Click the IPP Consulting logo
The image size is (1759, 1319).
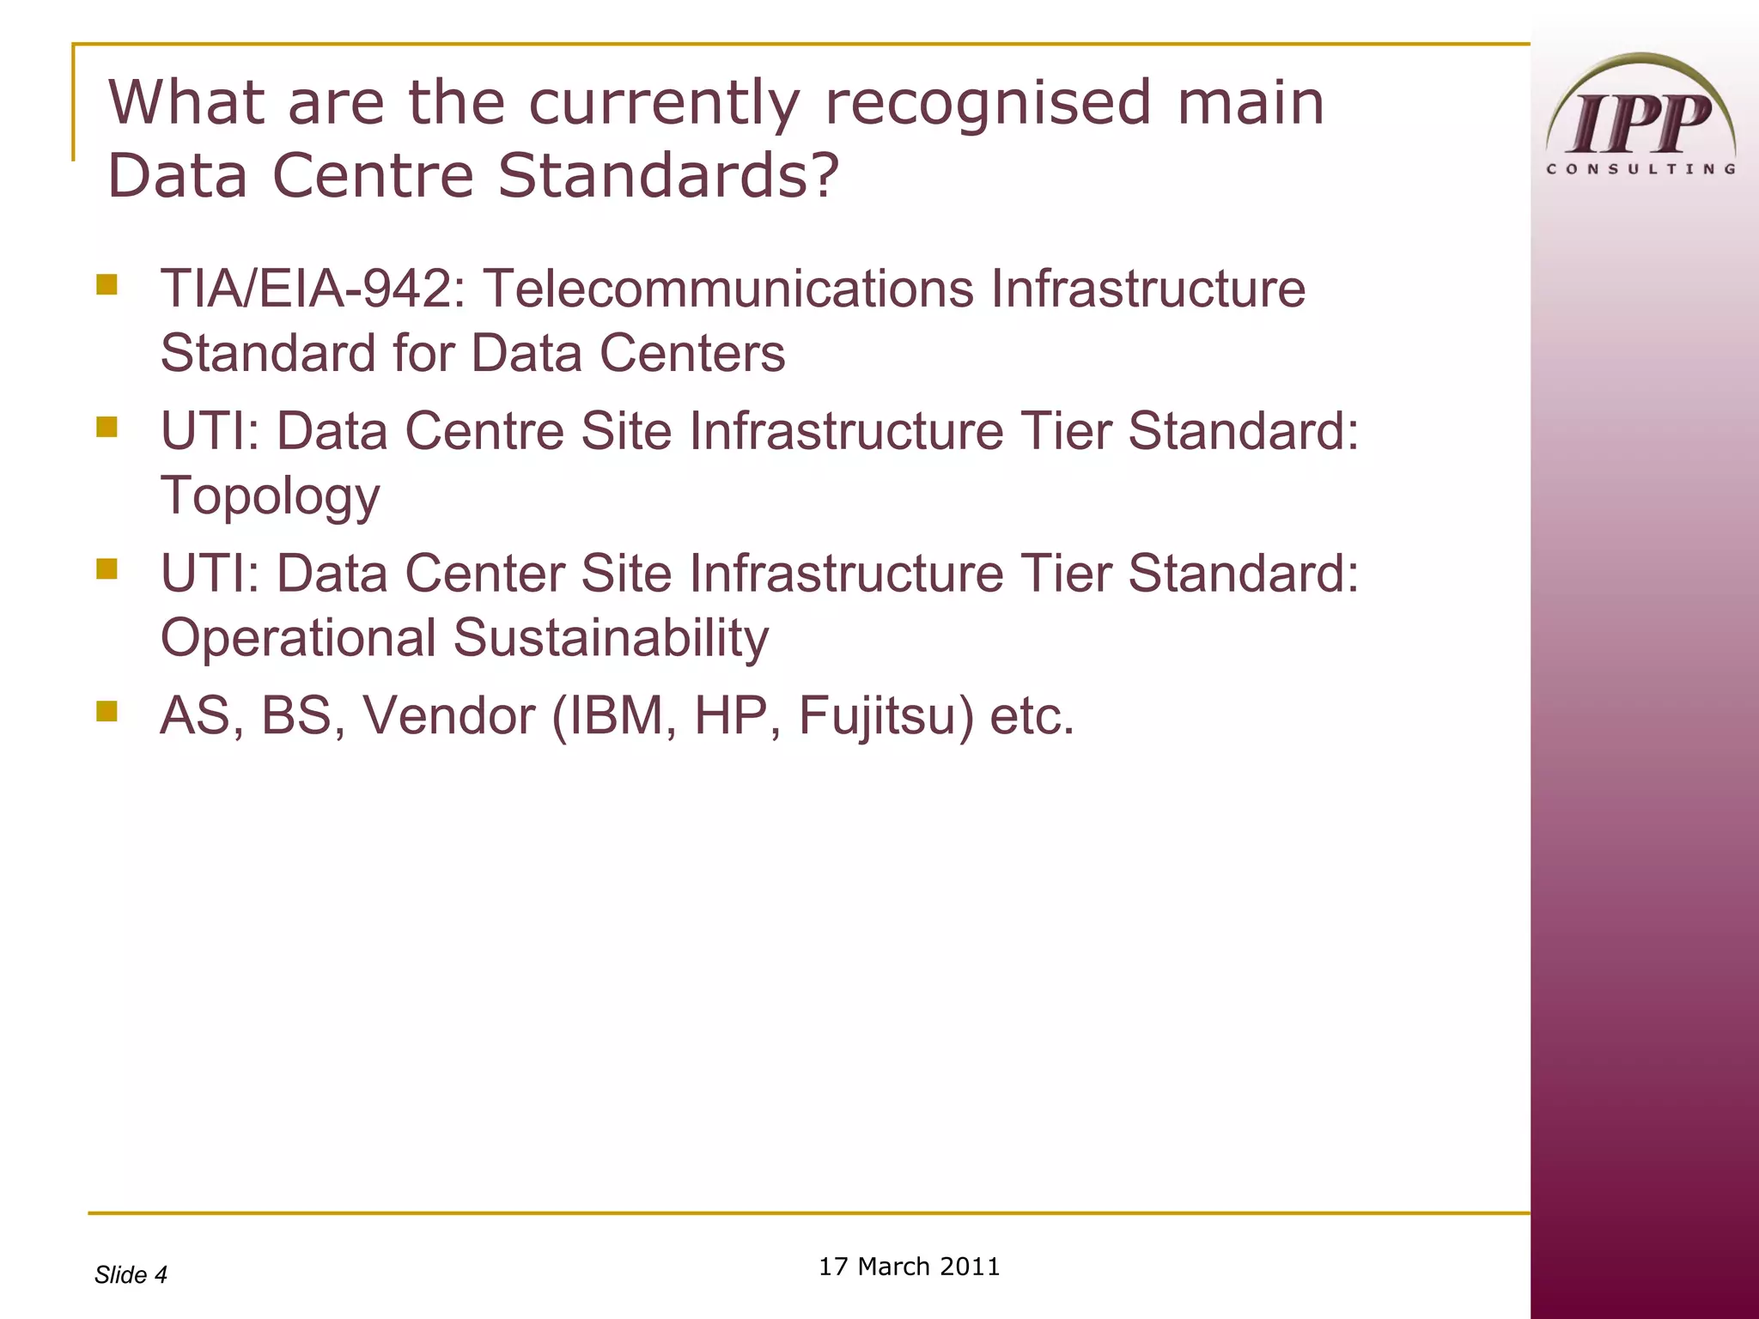pyautogui.click(x=1640, y=116)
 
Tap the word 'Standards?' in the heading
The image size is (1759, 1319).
pyautogui.click(x=668, y=176)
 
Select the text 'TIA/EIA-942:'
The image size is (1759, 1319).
pyautogui.click(x=313, y=289)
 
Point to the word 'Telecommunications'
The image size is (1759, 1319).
pyautogui.click(x=729, y=289)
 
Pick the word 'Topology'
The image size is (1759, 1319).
pyautogui.click(x=270, y=497)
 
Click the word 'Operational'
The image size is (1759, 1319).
pyautogui.click(x=298, y=638)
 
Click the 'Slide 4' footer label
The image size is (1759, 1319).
pyautogui.click(x=131, y=1275)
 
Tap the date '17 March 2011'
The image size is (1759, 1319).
pyautogui.click(x=909, y=1267)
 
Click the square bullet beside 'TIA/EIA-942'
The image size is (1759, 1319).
pyautogui.click(x=107, y=284)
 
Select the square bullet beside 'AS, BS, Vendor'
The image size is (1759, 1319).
pyautogui.click(x=107, y=710)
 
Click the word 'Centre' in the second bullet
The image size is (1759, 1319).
pyautogui.click(x=484, y=431)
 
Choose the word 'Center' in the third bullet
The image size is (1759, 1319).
pyautogui.click(x=484, y=574)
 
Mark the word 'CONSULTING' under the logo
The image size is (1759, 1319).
pyautogui.click(x=1640, y=169)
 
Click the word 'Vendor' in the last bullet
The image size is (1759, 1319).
pyautogui.click(x=449, y=715)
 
